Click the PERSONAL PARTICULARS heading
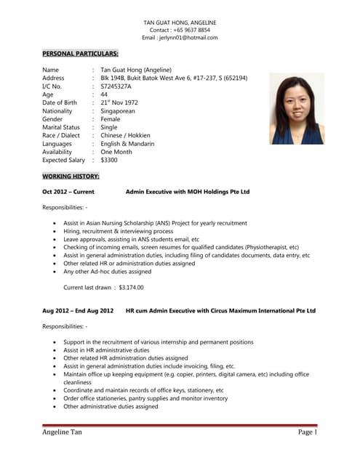tap(80, 54)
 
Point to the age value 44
tap(105, 94)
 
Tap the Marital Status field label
tap(61, 127)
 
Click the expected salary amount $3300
tap(109, 160)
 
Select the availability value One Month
tap(117, 152)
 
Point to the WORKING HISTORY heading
tap(71, 177)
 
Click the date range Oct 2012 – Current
tap(68, 192)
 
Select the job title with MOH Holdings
tap(188, 192)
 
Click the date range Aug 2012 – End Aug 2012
tap(78, 311)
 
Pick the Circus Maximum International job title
tap(220, 311)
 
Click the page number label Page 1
tap(307, 432)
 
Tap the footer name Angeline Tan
tap(65, 432)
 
